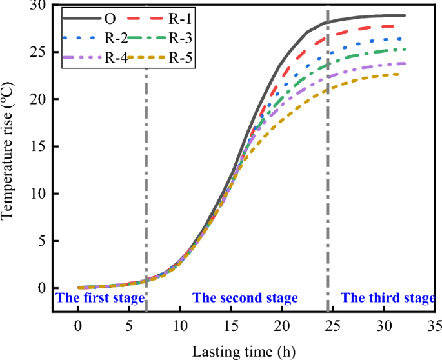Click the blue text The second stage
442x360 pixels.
coord(245,298)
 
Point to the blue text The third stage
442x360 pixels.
coord(388,298)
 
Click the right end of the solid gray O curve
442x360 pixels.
coord(405,15)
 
